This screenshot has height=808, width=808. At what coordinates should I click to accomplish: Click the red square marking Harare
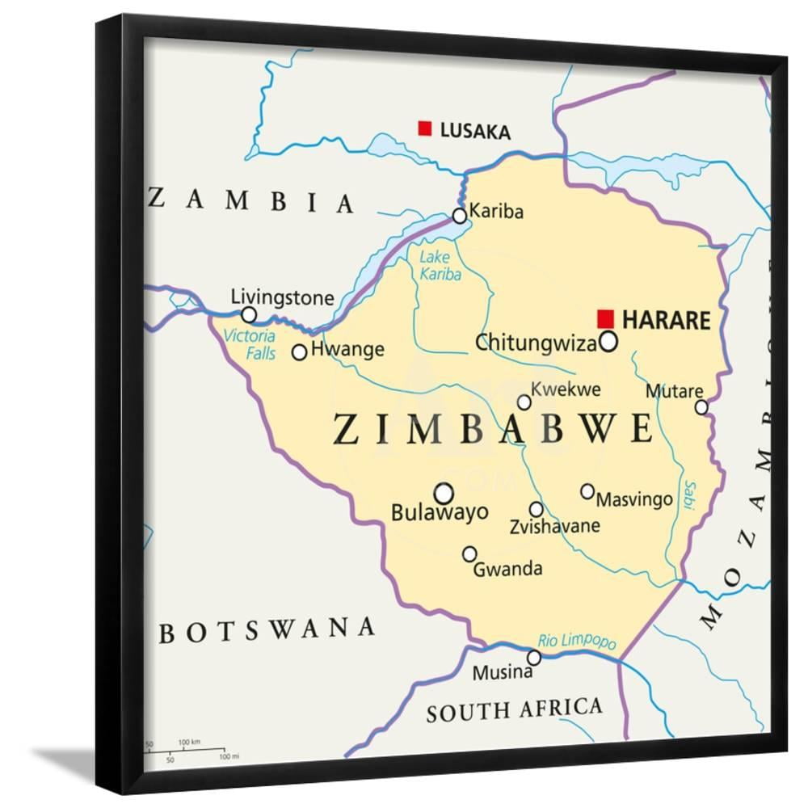click(x=605, y=318)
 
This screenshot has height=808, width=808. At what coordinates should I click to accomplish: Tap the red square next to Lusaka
click(x=424, y=128)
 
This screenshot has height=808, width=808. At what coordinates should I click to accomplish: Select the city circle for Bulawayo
click(x=444, y=493)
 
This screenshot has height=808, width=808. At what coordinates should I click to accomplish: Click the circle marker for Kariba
click(x=460, y=216)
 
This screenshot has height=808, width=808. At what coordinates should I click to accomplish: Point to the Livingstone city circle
click(x=250, y=314)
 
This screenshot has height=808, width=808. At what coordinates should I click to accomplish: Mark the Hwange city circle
click(x=300, y=352)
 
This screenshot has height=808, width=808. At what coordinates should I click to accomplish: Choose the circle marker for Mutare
click(x=701, y=407)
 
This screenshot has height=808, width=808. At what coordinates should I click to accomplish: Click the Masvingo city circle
click(x=587, y=491)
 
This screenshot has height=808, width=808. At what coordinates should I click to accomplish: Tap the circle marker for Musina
click(x=533, y=658)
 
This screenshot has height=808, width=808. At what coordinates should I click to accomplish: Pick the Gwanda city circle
click(x=469, y=553)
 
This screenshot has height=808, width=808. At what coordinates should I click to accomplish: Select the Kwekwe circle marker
click(x=524, y=402)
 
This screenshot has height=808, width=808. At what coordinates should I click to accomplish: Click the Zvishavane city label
click(x=554, y=526)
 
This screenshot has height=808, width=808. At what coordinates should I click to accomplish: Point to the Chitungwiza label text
click(x=536, y=343)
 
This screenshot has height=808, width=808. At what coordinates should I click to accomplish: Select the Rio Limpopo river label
click(x=577, y=639)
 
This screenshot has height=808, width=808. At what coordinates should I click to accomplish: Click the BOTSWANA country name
click(x=267, y=629)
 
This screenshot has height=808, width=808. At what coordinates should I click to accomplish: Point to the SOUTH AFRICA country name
click(x=514, y=710)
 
